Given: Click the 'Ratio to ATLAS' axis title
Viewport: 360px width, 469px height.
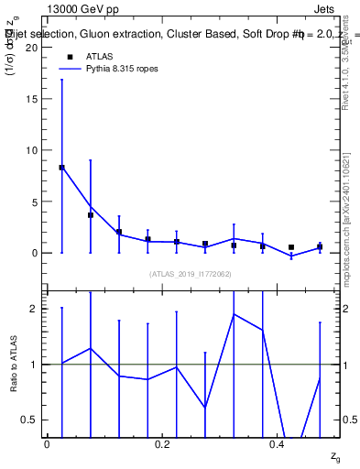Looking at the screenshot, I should tap(12, 364).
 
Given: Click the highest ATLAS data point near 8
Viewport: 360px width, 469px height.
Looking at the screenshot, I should tap(61, 168).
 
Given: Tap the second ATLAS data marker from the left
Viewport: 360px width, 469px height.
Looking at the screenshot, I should tap(91, 215).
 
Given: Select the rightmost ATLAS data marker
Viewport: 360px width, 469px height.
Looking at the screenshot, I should tap(320, 247).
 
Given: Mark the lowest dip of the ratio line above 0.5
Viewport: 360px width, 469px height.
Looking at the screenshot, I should tap(205, 407).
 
